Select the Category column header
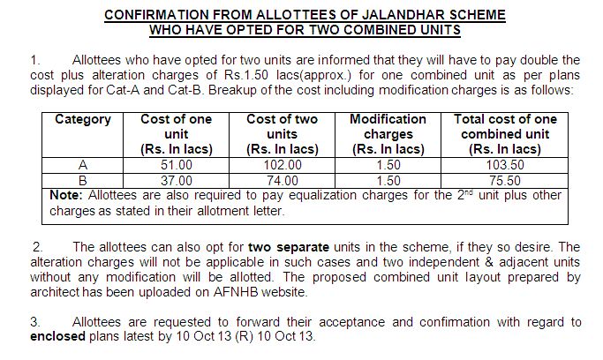click(x=82, y=119)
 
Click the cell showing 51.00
click(x=177, y=164)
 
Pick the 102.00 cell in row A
click(x=283, y=164)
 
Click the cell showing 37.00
click(x=177, y=180)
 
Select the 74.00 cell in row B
click(x=283, y=180)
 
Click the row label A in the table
click(x=82, y=164)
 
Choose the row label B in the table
click(x=82, y=180)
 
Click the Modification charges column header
click(x=388, y=134)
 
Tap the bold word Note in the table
click(x=66, y=195)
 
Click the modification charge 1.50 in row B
click(x=388, y=180)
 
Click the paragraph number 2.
click(x=36, y=247)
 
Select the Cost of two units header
click(x=283, y=134)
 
